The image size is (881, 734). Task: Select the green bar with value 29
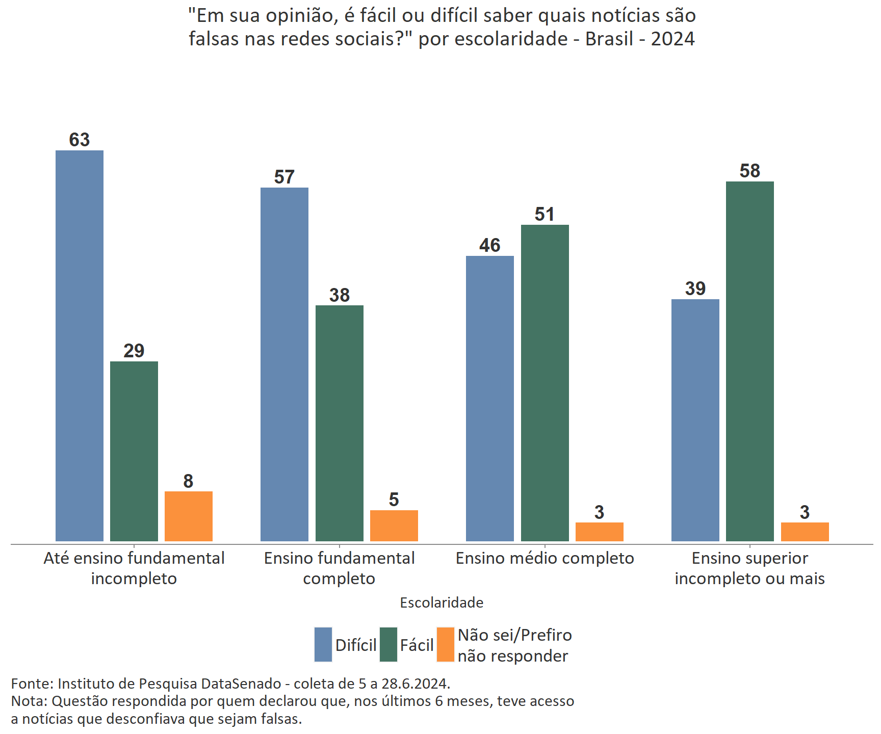(134, 451)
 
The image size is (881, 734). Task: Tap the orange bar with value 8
(189, 516)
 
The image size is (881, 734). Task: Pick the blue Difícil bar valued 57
(284, 364)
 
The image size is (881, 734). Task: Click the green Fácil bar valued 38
(340, 423)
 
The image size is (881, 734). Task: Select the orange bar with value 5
(394, 526)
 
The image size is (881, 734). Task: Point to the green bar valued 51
(545, 383)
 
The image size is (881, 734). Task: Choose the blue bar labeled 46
(490, 398)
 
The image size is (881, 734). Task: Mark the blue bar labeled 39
(695, 420)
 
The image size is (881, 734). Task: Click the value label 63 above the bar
(80, 140)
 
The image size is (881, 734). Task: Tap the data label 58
(750, 171)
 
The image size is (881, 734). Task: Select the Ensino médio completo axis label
(545, 559)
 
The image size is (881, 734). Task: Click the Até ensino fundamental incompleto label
(134, 568)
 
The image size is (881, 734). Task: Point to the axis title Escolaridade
(442, 602)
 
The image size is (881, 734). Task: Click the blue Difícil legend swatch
(323, 645)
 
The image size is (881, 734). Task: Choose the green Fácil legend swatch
(388, 645)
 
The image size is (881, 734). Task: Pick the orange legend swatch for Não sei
(446, 645)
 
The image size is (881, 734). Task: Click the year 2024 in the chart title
(672, 39)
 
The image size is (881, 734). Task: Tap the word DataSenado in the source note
(241, 684)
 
